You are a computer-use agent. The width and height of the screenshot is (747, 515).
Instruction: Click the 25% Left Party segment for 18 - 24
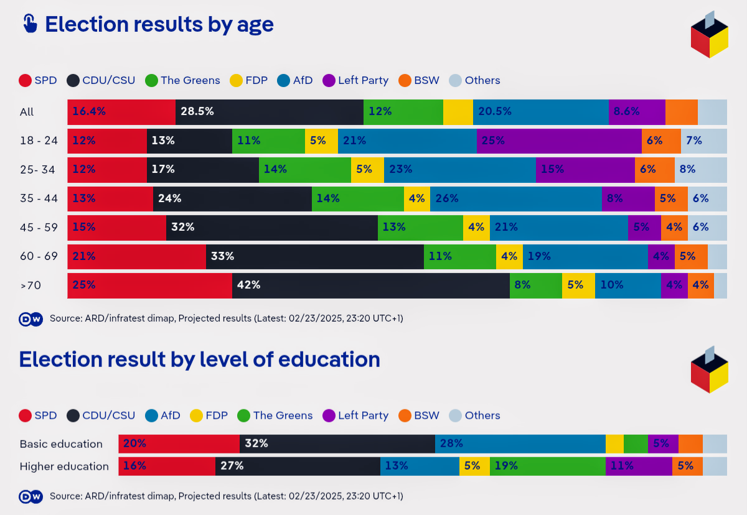click(559, 141)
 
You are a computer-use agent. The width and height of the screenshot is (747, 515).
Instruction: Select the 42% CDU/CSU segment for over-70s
click(371, 285)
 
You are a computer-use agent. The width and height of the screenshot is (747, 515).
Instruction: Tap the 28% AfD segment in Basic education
click(520, 443)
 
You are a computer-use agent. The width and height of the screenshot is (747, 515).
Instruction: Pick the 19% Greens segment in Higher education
click(547, 466)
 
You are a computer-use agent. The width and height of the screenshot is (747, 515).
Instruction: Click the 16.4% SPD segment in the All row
click(121, 112)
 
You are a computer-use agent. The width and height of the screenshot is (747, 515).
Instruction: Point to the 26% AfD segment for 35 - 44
click(515, 198)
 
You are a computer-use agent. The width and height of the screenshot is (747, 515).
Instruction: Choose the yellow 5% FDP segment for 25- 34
click(367, 169)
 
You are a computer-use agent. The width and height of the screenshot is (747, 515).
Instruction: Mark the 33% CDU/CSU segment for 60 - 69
click(315, 256)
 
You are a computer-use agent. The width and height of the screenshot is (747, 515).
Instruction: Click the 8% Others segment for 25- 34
click(700, 169)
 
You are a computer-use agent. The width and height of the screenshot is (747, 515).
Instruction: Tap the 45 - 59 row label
click(39, 228)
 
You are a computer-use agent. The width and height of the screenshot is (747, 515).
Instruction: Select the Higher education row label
click(64, 466)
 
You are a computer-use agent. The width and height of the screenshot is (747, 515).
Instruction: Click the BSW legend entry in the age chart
click(419, 80)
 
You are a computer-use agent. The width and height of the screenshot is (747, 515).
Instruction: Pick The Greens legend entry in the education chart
click(275, 415)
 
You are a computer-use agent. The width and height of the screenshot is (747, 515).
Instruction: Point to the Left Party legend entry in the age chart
click(355, 80)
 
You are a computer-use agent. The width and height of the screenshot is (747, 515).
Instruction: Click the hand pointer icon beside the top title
click(29, 24)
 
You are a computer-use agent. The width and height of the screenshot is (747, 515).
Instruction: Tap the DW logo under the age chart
click(31, 319)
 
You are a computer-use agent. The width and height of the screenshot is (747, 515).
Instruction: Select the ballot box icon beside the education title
click(709, 370)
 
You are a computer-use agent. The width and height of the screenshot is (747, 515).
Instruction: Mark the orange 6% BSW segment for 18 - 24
click(661, 141)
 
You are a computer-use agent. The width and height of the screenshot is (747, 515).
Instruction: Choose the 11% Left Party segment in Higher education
click(639, 466)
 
